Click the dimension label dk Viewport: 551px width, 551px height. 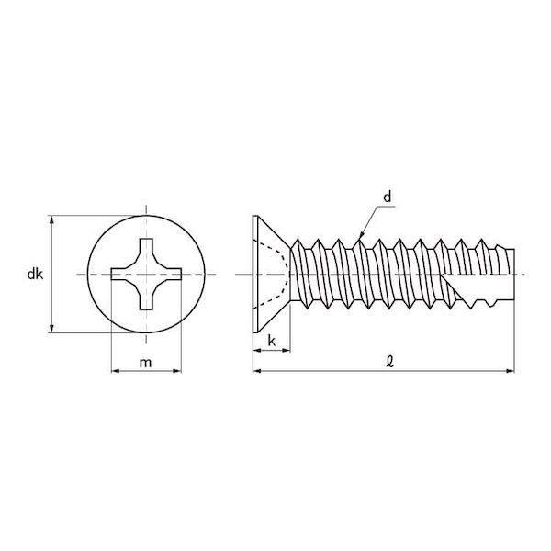pyautogui.click(x=35, y=274)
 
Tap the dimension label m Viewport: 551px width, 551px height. pyautogui.click(x=145, y=363)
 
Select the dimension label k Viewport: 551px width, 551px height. pyautogui.click(x=272, y=341)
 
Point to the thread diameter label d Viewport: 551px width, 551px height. pyautogui.click(x=387, y=197)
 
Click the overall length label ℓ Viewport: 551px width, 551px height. pyautogui.click(x=389, y=362)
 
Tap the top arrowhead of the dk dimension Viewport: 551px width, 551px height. pyautogui.click(x=52, y=220)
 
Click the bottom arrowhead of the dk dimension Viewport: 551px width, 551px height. pyautogui.click(x=52, y=328)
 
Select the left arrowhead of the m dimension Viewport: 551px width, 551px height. pyautogui.click(x=116, y=371)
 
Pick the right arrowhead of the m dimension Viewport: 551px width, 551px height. pyautogui.click(x=176, y=371)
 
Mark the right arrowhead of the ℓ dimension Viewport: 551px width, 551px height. pyautogui.click(x=510, y=371)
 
